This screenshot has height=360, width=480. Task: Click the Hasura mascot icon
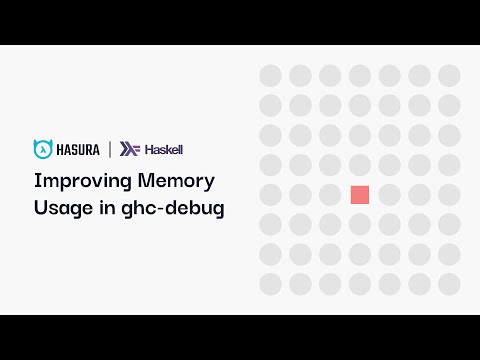click(x=43, y=150)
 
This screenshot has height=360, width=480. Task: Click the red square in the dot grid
click(x=360, y=195)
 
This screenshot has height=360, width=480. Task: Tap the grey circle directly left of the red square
click(x=330, y=195)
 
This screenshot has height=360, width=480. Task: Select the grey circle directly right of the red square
click(x=390, y=195)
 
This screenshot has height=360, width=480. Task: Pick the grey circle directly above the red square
click(x=360, y=165)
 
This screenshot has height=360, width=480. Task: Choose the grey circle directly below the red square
click(x=360, y=225)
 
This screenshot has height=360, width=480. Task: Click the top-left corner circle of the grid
click(x=270, y=76)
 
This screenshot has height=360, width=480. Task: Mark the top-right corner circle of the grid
click(x=449, y=76)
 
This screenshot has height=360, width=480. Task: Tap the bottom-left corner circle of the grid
click(x=270, y=285)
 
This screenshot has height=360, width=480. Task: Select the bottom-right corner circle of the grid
click(x=449, y=285)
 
